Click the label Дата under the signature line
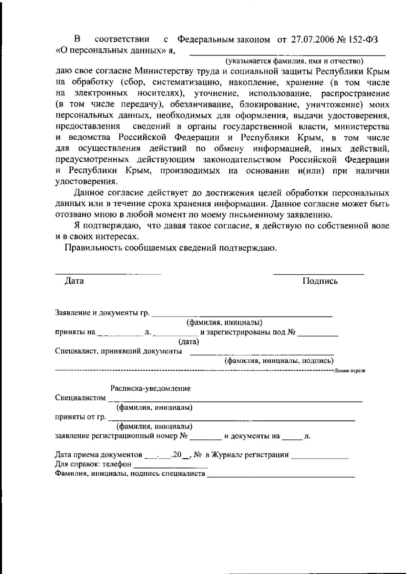(74, 281)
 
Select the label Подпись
(320, 281)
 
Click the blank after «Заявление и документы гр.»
(242, 316)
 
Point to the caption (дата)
(189, 342)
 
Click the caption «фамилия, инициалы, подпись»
(279, 361)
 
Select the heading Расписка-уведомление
(151, 388)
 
